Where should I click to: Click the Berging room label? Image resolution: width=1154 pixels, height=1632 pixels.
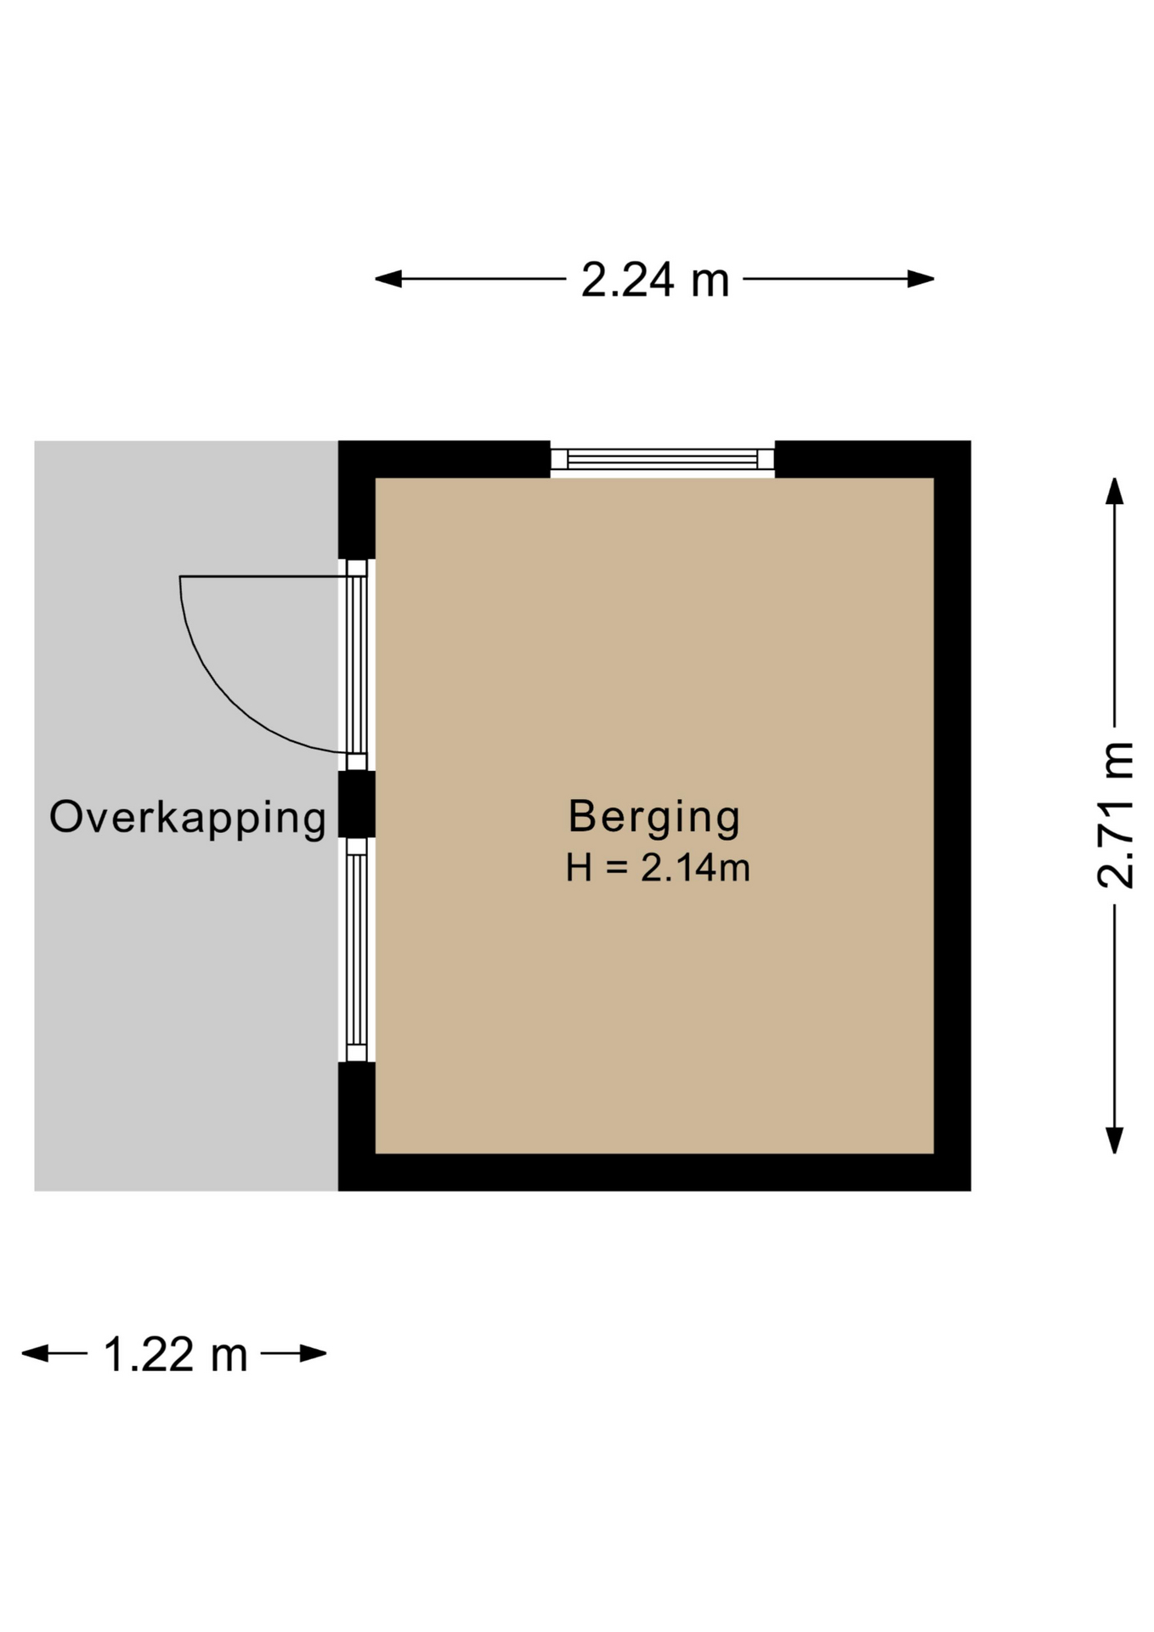[x=654, y=818]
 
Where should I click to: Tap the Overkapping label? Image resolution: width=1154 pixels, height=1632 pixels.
[x=188, y=818]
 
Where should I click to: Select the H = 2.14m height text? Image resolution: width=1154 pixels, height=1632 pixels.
[x=658, y=868]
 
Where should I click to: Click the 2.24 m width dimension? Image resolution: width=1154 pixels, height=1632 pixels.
[x=655, y=280]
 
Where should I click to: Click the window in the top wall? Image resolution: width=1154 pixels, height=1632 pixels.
[x=663, y=459]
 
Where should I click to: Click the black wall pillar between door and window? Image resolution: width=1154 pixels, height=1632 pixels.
[x=357, y=804]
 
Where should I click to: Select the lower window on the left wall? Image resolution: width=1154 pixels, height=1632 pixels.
[x=357, y=949]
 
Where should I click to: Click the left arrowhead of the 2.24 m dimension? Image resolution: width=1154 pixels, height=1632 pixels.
[x=388, y=279]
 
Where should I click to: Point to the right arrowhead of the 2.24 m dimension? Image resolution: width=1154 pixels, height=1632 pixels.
[x=920, y=279]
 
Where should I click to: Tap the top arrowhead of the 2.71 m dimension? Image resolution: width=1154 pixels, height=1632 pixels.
[x=1115, y=490]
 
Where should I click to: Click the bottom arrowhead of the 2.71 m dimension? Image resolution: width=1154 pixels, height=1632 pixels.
[x=1115, y=1140]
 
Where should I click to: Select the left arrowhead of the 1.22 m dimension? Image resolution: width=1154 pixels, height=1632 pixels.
[x=35, y=1353]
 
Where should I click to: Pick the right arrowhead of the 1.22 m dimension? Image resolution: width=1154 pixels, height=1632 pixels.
[x=313, y=1353]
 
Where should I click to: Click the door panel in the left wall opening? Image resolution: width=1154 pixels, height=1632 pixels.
[x=357, y=665]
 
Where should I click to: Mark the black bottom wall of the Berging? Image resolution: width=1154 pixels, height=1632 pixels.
[x=654, y=1172]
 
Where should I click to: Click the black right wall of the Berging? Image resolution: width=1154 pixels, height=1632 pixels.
[x=953, y=816]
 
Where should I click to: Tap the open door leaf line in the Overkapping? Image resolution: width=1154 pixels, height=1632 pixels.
[x=263, y=577]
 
